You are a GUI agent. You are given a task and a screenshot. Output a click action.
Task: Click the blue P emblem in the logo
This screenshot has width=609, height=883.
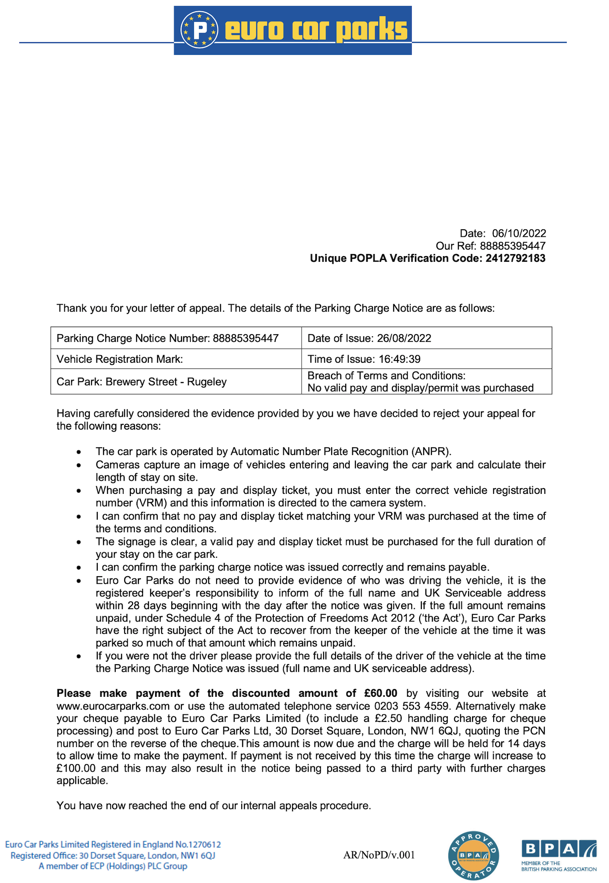[x=199, y=30]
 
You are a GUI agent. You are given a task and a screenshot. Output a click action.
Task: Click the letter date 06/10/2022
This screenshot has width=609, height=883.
[x=519, y=233]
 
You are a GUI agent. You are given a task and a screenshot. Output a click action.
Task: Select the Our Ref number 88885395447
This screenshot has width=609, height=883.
[x=513, y=246]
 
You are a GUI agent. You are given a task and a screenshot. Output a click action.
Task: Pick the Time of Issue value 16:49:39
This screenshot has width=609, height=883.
[x=399, y=359]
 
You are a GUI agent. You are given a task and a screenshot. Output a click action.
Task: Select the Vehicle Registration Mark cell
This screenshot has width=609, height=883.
[x=120, y=359]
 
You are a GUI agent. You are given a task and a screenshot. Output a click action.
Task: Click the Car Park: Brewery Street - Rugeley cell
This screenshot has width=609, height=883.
[x=141, y=382]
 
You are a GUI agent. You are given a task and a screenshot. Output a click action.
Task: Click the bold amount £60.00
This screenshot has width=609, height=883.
[x=380, y=693]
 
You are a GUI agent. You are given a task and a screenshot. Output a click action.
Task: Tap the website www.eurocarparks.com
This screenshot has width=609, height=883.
[x=113, y=706]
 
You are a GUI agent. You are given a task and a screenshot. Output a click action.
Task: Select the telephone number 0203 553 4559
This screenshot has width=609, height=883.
[x=413, y=706]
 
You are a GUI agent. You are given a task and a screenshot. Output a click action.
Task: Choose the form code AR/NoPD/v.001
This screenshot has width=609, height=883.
[x=379, y=855]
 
